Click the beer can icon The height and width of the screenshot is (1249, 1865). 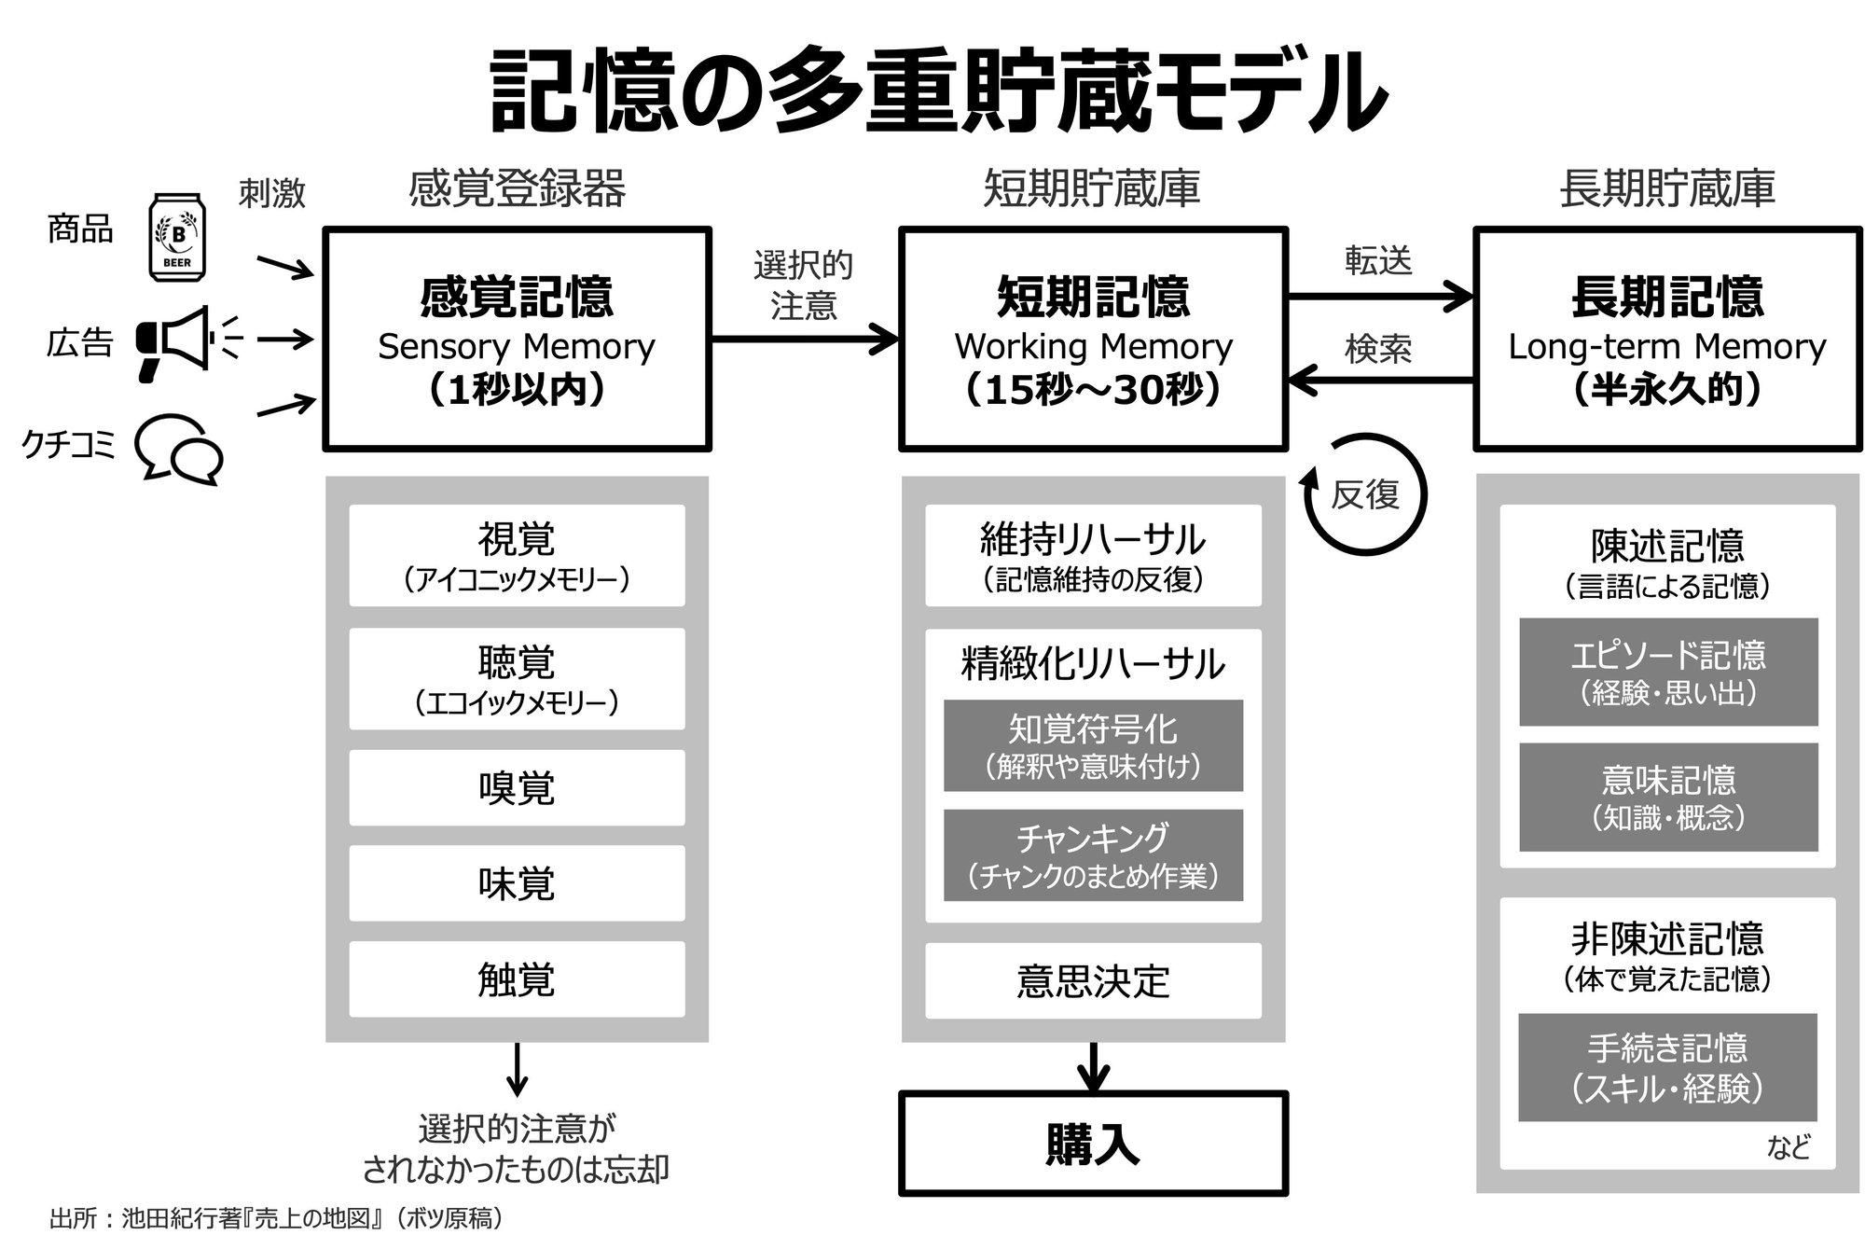click(178, 237)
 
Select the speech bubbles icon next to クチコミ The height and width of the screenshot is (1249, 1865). click(179, 451)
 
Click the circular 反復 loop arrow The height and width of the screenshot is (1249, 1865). click(1365, 494)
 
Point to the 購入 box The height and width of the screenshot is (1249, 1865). click(1093, 1144)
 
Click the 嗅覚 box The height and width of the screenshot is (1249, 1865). click(517, 788)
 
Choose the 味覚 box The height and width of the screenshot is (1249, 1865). click(517, 883)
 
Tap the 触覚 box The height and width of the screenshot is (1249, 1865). click(517, 979)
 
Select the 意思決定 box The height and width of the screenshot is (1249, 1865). click(1093, 981)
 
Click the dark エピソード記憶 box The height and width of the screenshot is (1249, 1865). click(1667, 672)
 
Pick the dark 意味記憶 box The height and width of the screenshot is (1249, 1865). click(1667, 798)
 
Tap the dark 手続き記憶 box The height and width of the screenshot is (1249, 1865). click(1667, 1067)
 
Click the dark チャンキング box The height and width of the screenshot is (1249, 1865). click(1093, 855)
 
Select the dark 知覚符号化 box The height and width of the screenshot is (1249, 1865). click(1093, 745)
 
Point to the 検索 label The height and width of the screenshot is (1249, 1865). click(1378, 350)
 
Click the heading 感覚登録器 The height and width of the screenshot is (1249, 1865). click(517, 189)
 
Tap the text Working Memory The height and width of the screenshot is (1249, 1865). click(1093, 347)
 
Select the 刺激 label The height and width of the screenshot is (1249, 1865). click(271, 193)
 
